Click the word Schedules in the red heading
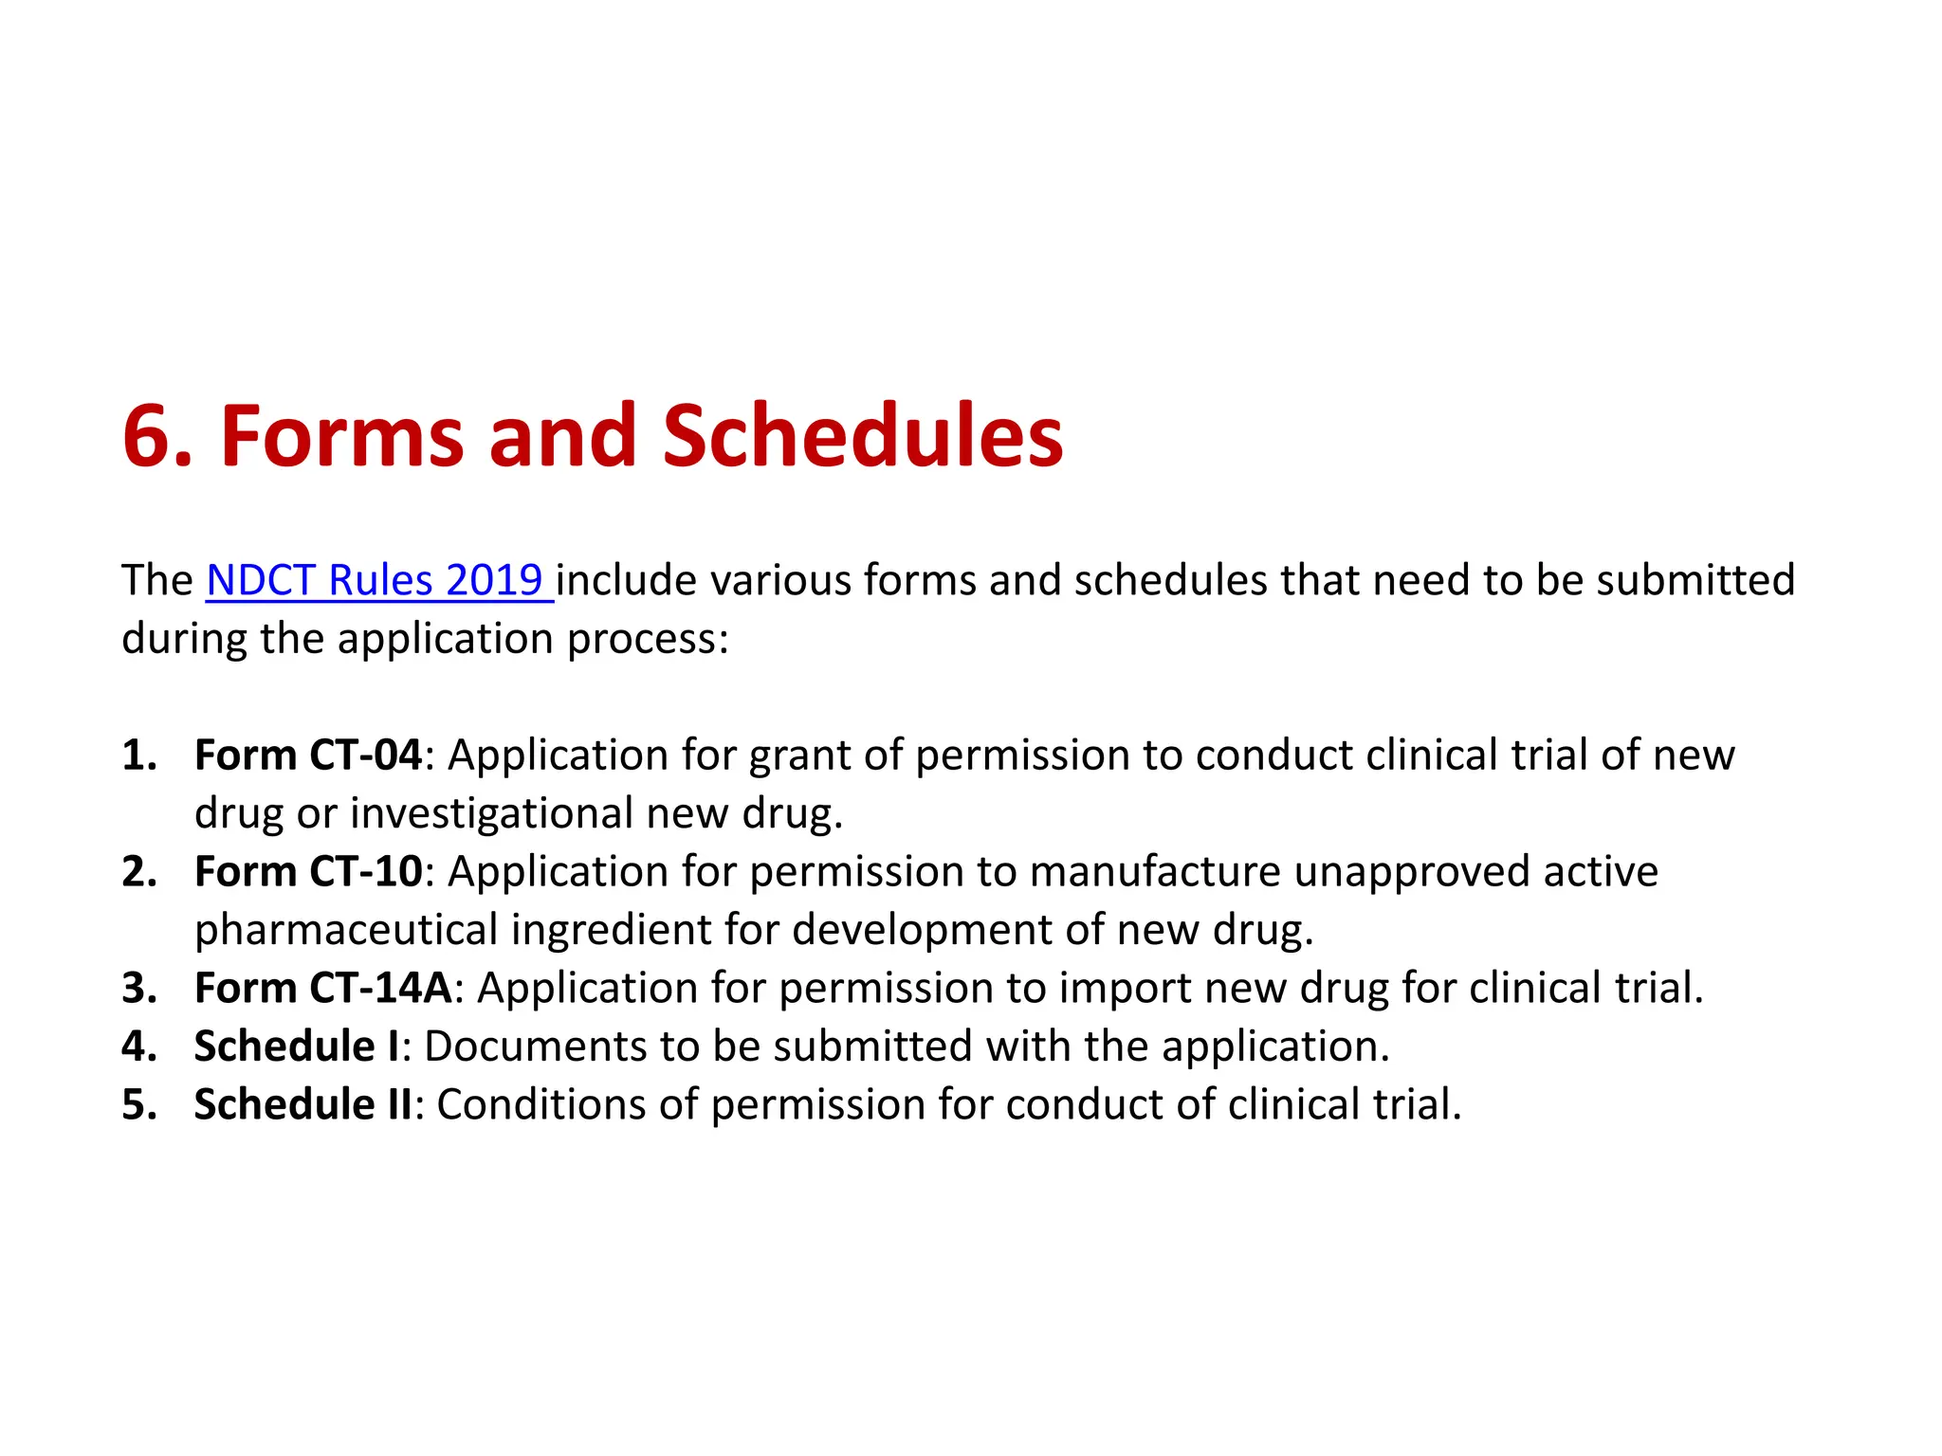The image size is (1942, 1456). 862,436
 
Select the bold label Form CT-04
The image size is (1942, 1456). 307,755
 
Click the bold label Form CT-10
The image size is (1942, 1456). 307,872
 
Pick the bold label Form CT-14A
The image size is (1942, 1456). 322,988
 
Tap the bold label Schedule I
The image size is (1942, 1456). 297,1046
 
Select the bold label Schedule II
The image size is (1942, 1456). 302,1105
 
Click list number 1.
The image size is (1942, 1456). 138,755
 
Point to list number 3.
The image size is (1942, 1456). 138,988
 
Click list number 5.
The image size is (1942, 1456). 138,1105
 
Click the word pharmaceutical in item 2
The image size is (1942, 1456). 346,931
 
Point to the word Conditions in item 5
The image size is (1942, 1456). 566,1105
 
